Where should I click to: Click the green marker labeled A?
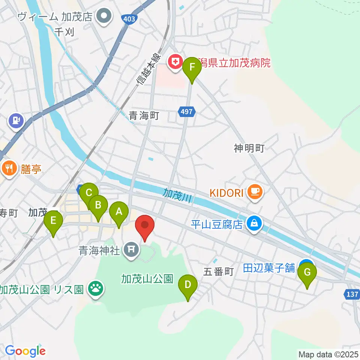(119, 212)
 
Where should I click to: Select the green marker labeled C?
(89, 193)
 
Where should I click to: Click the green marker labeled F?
(192, 68)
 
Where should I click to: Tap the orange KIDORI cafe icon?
(255, 192)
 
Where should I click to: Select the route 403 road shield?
(128, 19)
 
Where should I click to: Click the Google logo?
(25, 351)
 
